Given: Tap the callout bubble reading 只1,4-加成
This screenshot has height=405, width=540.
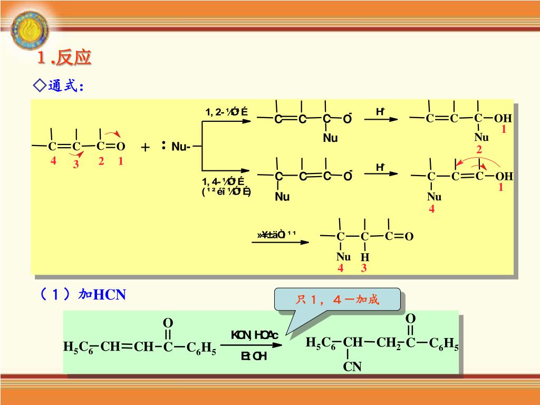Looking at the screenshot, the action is point(337,300).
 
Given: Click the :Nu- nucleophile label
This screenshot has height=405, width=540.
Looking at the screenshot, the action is point(177,147).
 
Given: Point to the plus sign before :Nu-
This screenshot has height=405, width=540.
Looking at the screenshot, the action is point(146,148).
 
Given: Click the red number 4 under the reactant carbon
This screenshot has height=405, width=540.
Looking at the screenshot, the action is point(53,161).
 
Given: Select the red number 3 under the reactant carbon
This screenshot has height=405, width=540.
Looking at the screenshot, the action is point(76,165).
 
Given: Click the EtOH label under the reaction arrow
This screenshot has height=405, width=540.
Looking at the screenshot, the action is point(254,356).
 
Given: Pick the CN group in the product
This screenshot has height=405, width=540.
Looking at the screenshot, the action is point(352,366).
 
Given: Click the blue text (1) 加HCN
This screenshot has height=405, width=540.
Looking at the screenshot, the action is point(82,294).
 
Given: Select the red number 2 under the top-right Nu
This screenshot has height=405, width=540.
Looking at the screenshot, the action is point(479,150).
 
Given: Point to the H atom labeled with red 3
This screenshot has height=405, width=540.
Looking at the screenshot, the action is point(365,257).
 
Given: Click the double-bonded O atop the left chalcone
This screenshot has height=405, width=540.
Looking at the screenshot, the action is point(168,322).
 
